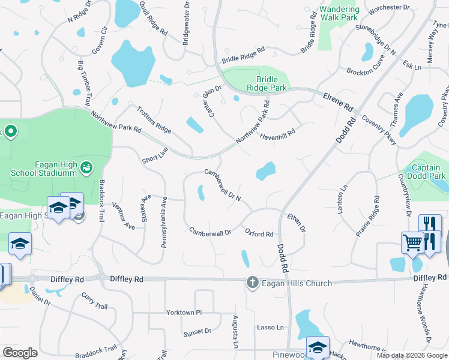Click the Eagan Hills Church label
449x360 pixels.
click(x=290, y=282)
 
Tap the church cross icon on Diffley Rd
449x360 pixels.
click(x=253, y=282)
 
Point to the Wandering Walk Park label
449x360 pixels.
click(x=339, y=13)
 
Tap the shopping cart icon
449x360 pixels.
click(x=412, y=242)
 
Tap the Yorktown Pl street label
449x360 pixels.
click(x=184, y=313)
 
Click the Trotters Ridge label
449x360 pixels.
click(x=154, y=119)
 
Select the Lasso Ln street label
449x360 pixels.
click(x=270, y=327)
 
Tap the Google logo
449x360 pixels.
click(x=20, y=353)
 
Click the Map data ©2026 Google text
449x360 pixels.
click(x=412, y=355)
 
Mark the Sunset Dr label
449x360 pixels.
click(x=197, y=331)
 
